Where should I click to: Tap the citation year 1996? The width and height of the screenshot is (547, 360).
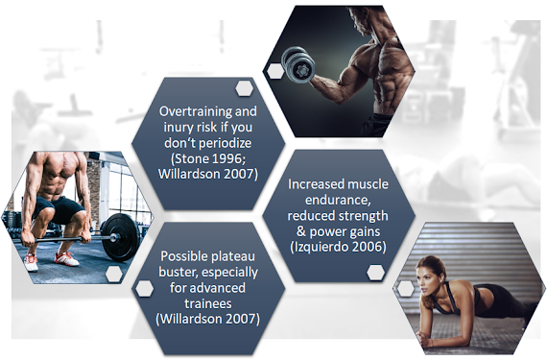point(227,158)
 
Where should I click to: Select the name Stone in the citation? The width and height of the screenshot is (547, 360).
point(190,158)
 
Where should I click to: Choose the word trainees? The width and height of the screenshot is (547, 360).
point(208,303)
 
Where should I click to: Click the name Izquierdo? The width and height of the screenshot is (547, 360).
point(321,247)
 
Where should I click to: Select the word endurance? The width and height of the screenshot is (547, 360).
point(338,200)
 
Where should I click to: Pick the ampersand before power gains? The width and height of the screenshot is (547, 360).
point(300,231)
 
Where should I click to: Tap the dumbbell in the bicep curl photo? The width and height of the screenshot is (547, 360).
point(298,64)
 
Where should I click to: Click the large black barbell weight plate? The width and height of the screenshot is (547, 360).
point(121,237)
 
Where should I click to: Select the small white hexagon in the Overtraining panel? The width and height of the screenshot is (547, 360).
point(244,88)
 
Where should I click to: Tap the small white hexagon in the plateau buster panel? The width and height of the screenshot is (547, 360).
point(144,289)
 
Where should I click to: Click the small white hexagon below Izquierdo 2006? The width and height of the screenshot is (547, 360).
point(376,273)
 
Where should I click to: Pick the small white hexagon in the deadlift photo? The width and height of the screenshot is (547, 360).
point(114,274)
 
